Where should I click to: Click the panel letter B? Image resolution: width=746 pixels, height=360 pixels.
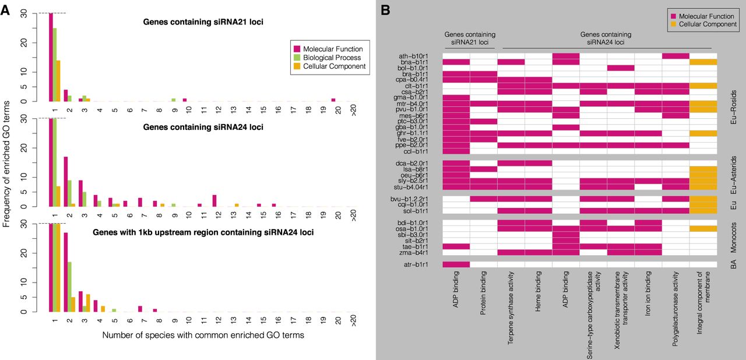(x=385, y=10)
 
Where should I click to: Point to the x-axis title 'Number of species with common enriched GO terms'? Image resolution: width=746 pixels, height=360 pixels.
(x=202, y=336)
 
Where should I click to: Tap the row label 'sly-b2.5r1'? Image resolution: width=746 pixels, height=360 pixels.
(x=425, y=181)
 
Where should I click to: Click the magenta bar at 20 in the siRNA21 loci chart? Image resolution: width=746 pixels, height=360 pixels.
(x=333, y=100)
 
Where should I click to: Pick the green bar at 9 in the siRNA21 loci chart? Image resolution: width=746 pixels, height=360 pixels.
(x=174, y=100)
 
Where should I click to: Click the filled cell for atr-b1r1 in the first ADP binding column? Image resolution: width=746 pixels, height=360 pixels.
(x=456, y=264)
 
